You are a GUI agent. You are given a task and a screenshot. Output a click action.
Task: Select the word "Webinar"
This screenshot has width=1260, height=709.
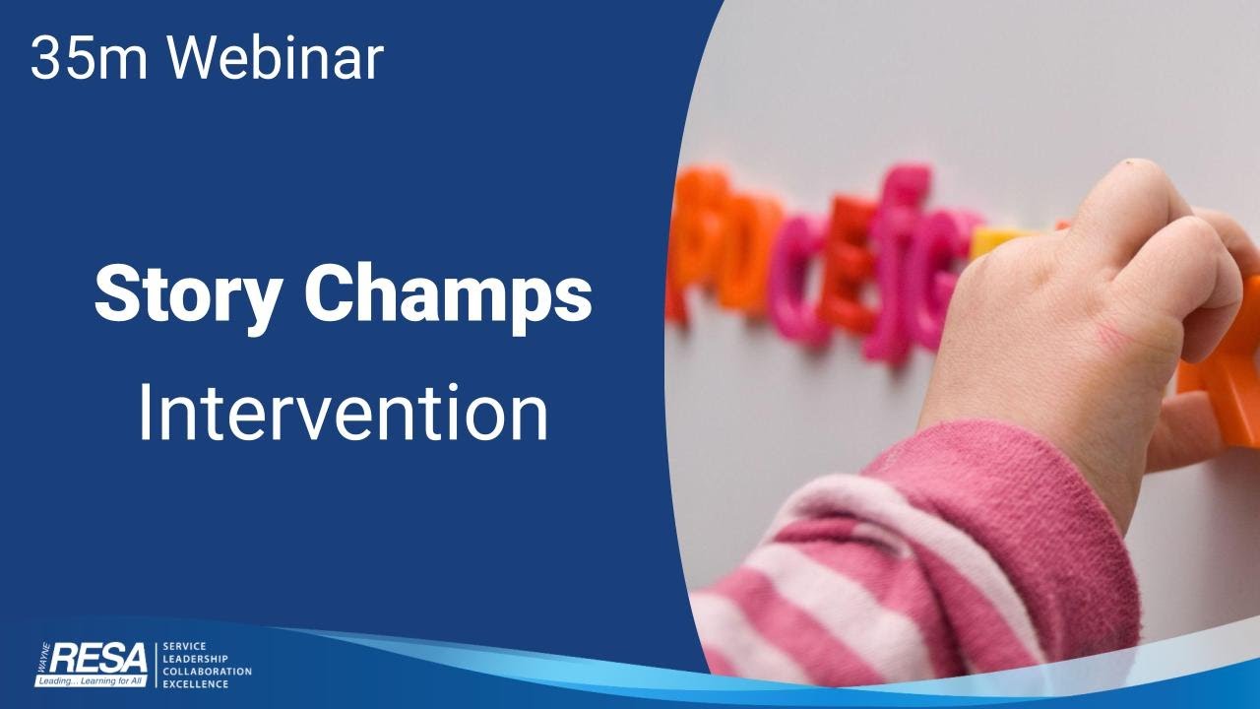(274, 59)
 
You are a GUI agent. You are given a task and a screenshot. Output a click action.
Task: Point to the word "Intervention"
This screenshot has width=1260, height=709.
(343, 415)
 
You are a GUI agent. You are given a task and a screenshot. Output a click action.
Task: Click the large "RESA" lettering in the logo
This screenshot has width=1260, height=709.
(98, 657)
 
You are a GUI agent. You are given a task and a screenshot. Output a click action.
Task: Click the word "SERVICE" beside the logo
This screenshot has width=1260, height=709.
(183, 646)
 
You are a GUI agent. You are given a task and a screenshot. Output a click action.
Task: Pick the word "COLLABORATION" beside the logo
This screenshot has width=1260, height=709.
(207, 672)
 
